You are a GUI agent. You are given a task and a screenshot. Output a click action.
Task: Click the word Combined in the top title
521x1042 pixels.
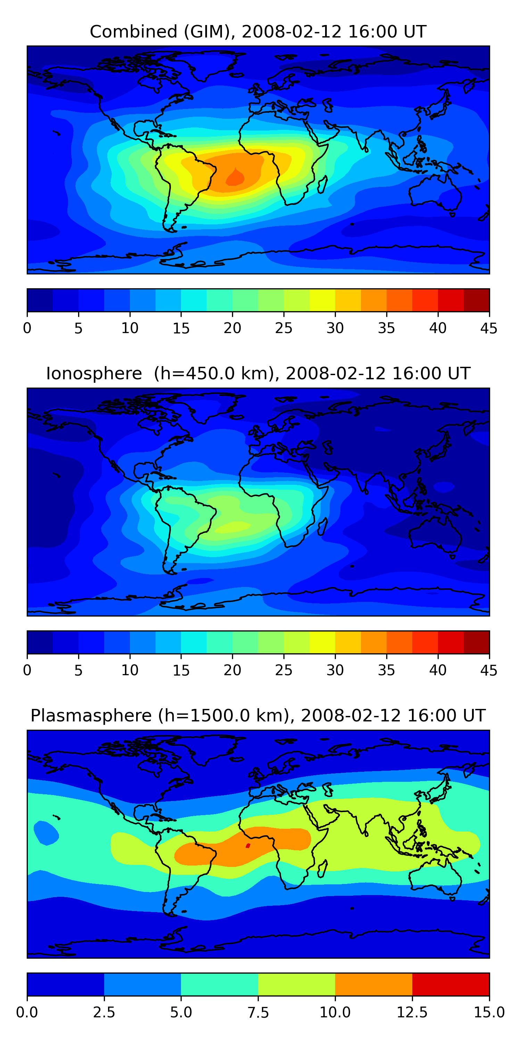tap(133, 32)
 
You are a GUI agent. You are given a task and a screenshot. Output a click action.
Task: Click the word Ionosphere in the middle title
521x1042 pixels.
tap(94, 373)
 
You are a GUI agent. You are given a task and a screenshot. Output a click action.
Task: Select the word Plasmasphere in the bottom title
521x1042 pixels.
tap(91, 716)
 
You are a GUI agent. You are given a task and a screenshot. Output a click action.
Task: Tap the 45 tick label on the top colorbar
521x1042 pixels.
tap(489, 328)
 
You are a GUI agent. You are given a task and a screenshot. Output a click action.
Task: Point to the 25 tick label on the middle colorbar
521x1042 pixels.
tap(283, 670)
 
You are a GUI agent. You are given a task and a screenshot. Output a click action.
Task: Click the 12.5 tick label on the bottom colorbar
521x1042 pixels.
tap(412, 1012)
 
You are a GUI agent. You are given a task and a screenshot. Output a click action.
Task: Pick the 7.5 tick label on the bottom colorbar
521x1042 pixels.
tap(258, 1012)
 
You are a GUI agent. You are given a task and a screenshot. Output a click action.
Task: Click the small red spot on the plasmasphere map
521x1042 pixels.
tap(248, 845)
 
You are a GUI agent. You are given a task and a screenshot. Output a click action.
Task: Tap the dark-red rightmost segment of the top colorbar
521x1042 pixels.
tap(476, 300)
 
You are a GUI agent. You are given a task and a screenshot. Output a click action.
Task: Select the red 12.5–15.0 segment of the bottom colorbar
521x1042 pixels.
tap(450, 984)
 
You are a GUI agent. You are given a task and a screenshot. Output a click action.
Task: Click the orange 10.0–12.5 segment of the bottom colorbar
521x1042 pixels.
tap(373, 984)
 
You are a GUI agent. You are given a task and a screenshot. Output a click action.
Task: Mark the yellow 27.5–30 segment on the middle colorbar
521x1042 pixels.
tap(322, 642)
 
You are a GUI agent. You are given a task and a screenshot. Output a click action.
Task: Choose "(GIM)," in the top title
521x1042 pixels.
tap(209, 32)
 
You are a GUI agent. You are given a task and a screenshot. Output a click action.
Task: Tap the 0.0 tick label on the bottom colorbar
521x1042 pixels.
tap(27, 1012)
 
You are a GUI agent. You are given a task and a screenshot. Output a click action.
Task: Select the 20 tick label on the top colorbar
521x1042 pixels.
tap(232, 328)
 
